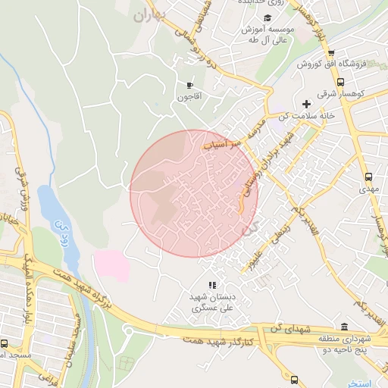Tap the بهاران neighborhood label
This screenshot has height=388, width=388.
[x=149, y=14]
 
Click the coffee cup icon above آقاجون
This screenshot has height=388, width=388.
[x=189, y=85]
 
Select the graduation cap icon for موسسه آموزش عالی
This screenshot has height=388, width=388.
[x=266, y=18]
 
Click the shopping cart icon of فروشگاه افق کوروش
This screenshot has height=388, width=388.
[x=331, y=52]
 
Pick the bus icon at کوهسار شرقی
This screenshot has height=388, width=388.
[x=340, y=82]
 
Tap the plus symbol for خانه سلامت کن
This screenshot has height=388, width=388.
[x=306, y=103]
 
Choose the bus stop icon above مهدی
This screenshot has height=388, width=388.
[x=368, y=172]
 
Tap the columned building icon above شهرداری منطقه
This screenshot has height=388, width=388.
[x=345, y=327]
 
